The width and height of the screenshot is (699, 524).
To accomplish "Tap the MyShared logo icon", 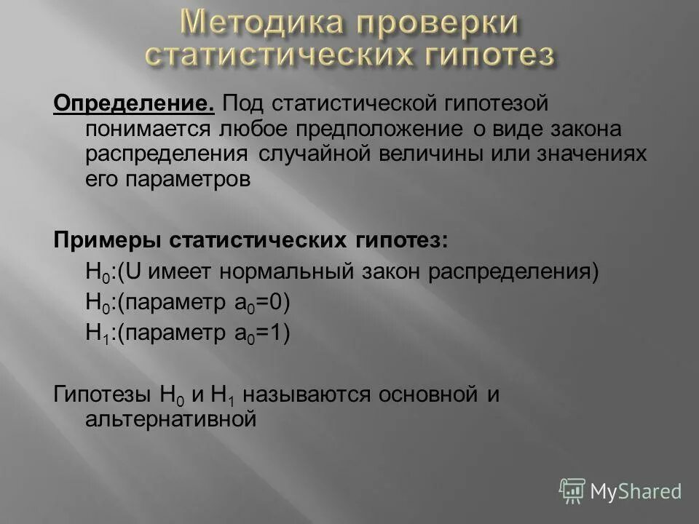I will tap(573, 491).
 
